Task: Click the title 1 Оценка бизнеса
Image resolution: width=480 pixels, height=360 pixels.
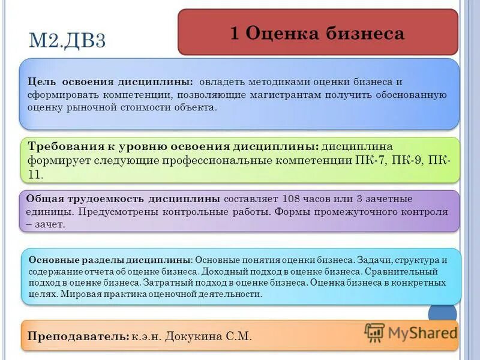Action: coord(317,33)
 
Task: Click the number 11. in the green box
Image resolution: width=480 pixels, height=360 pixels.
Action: coord(36,175)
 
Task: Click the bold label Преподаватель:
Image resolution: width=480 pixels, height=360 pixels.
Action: coord(75,337)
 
